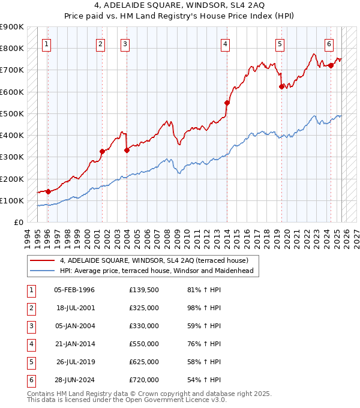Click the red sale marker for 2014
coord(227,103)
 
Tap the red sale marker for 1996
coord(48,191)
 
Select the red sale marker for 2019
coord(281,86)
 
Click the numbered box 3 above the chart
coord(124,43)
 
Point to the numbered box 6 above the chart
coord(329,43)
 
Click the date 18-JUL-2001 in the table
coord(74,308)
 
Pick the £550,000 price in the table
coord(144,344)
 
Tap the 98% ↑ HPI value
coord(203,308)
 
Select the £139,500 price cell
coord(144,290)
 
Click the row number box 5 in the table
coord(31,362)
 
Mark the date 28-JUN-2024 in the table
coord(74,379)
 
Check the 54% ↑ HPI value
coord(203,379)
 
